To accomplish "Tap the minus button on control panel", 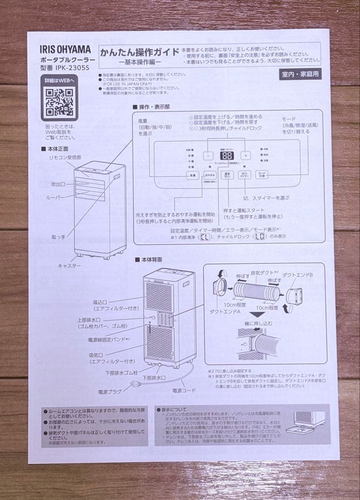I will (208, 156).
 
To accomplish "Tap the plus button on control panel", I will (246, 156).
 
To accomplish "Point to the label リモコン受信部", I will (65, 157).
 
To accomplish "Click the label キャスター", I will (69, 266).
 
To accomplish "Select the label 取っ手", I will (58, 237).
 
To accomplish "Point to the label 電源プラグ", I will (109, 392).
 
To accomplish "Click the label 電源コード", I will (184, 391).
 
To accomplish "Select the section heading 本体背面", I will (150, 261).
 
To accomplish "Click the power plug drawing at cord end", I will (136, 383).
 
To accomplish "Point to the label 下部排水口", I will (154, 378).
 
